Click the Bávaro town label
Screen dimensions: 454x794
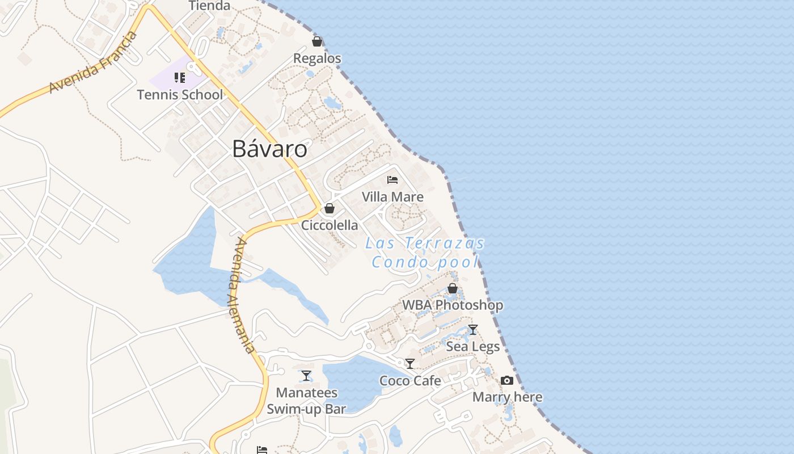(x=270, y=149)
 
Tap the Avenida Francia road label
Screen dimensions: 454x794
(x=94, y=63)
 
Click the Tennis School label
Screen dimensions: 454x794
(x=180, y=94)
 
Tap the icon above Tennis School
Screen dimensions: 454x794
(x=180, y=78)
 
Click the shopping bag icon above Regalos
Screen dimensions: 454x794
(x=317, y=41)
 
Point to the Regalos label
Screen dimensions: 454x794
(x=317, y=58)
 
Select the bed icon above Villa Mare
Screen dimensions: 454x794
(x=392, y=180)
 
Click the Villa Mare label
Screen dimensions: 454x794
(x=392, y=197)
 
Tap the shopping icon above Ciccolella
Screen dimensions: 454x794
(x=330, y=208)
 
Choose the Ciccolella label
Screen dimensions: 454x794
(x=330, y=225)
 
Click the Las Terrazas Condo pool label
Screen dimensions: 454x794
(x=425, y=253)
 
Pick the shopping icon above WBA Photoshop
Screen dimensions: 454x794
(x=453, y=288)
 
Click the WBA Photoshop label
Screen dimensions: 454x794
(x=453, y=305)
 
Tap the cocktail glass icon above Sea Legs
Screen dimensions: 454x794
(x=473, y=330)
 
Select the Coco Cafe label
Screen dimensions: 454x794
(x=410, y=381)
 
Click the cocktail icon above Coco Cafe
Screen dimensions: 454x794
(x=410, y=364)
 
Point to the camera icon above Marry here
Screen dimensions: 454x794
(x=507, y=380)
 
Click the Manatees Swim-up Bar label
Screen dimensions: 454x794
(x=306, y=401)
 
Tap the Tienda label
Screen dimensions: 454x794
(x=209, y=6)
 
